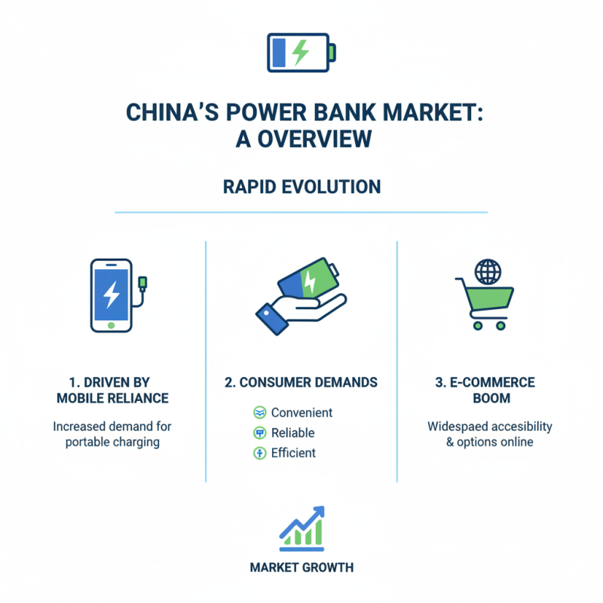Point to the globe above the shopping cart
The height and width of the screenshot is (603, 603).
[x=488, y=271]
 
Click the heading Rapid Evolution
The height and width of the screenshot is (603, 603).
[x=301, y=186]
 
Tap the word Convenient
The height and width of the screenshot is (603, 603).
[x=301, y=413]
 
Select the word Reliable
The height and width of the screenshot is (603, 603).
[x=292, y=433]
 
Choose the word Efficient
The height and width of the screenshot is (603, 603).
[x=293, y=454]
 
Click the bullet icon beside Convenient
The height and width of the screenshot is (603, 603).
[x=259, y=413]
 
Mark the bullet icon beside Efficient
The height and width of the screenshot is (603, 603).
[x=259, y=454]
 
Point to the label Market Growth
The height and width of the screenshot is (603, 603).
[x=301, y=568]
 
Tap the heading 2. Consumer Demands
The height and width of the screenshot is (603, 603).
[x=301, y=383]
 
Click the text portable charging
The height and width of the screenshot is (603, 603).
[x=112, y=442]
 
